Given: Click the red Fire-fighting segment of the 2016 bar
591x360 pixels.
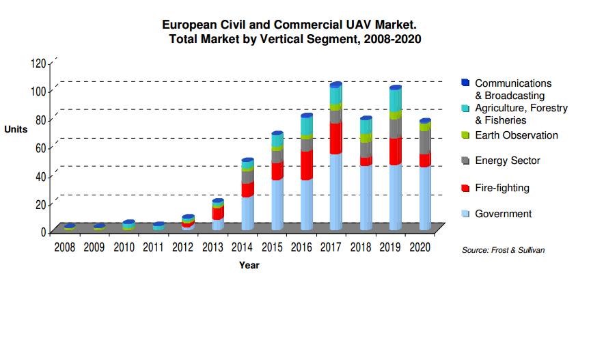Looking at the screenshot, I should (x=306, y=165).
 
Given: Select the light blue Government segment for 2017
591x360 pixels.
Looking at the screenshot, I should (x=335, y=191).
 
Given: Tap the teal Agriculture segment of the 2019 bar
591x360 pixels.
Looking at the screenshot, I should (x=395, y=100).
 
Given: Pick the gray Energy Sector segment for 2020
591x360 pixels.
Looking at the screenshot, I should (x=424, y=141).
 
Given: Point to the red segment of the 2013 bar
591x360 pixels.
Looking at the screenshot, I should (x=218, y=213).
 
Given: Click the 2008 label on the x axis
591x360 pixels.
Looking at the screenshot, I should (x=65, y=247).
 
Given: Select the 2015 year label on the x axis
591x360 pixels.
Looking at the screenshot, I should (x=274, y=247).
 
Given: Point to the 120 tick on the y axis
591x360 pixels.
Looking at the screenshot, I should (x=38, y=64).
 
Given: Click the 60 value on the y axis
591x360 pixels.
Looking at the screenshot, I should (x=40, y=148).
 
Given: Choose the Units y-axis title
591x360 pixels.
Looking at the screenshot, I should (x=16, y=129).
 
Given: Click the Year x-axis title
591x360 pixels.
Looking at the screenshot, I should (x=249, y=265).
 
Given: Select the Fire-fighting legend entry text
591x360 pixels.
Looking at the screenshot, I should (x=501, y=188).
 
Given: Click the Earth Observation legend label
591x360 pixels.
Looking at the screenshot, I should (x=516, y=135).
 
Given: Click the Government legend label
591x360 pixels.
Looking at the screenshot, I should (x=503, y=214).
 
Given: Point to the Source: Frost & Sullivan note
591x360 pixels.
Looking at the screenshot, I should (x=503, y=251).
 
